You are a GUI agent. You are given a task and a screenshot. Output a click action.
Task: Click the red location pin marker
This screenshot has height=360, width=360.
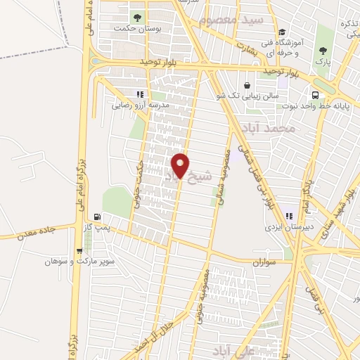181,165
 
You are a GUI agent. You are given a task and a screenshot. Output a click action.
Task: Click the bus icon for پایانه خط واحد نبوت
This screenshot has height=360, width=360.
314,94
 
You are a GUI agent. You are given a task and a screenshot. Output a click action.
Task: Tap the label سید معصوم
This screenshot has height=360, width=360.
231,20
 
